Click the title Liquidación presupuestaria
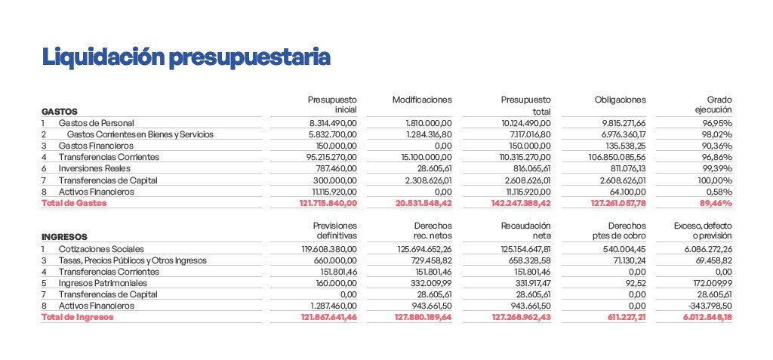click(186, 57)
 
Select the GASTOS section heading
click(60, 112)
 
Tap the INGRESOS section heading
click(65, 237)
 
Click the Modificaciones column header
click(422, 100)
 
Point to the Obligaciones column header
click(621, 100)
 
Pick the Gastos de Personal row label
click(96, 123)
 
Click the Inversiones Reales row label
click(94, 168)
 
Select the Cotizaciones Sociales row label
click(101, 249)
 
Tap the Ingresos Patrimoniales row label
click(103, 283)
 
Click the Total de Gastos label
click(74, 203)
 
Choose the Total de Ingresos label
click(78, 317)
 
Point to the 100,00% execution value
click(714, 180)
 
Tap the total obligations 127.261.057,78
click(618, 203)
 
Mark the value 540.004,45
click(624, 249)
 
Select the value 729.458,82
click(430, 260)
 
